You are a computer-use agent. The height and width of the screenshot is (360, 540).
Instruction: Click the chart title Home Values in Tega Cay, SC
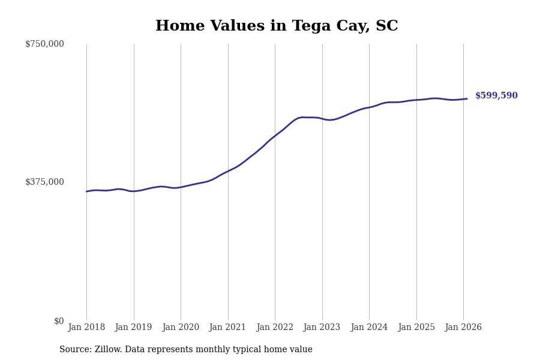[x=277, y=26]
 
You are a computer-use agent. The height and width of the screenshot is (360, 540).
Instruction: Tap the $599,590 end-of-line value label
[x=496, y=96]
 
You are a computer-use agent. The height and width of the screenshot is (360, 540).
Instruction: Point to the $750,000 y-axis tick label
[x=44, y=44]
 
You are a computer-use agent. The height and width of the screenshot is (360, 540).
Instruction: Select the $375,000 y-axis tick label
[x=44, y=182]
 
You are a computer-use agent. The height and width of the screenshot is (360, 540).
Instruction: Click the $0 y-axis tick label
[x=59, y=321]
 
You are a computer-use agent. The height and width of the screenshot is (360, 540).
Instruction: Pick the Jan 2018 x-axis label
[x=86, y=328]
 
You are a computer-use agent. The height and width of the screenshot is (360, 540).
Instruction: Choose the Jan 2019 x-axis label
[x=134, y=328]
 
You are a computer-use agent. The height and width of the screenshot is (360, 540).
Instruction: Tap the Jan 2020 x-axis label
[x=181, y=328]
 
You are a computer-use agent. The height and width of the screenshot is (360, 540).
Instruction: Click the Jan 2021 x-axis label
[x=228, y=328]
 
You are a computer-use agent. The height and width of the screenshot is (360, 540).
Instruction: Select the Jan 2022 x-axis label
[x=275, y=328]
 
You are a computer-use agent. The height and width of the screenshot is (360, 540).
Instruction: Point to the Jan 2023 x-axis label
[x=322, y=328]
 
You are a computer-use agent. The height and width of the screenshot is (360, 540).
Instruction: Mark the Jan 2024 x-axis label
[x=369, y=328]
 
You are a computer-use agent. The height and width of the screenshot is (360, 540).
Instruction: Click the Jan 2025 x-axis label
[x=416, y=328]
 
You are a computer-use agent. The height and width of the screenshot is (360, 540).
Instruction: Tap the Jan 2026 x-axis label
[x=463, y=328]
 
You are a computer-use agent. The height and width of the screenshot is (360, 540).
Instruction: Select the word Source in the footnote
[x=74, y=350]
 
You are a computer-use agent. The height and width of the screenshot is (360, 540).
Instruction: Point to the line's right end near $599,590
[x=467, y=99]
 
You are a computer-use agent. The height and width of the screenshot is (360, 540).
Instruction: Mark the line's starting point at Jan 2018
[x=86, y=191]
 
